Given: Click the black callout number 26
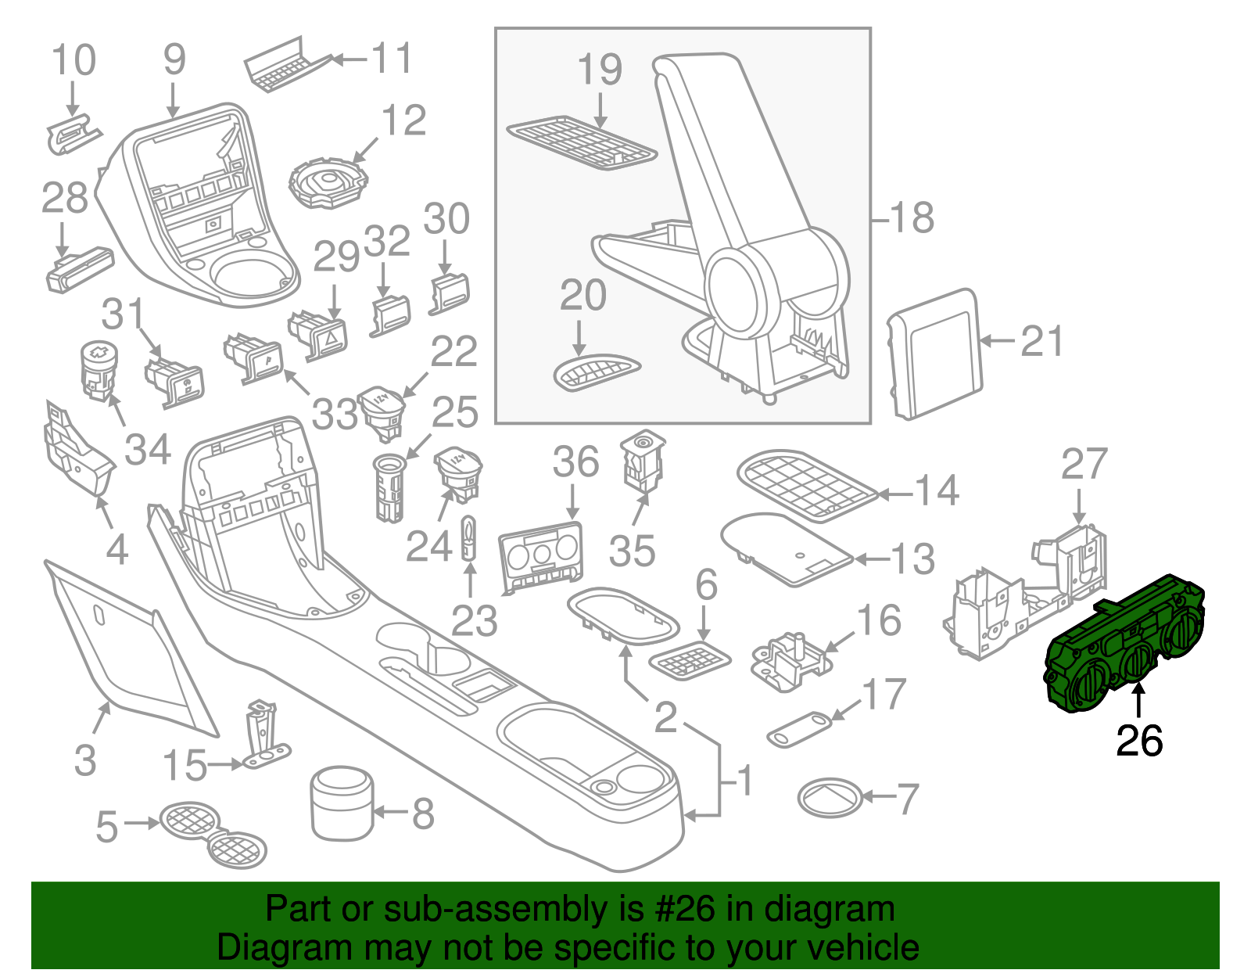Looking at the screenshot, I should tap(1139, 740).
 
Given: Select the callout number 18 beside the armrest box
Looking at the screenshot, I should tap(912, 217).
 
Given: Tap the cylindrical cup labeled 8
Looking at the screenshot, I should tap(342, 803).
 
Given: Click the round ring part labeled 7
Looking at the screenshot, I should tap(830, 798).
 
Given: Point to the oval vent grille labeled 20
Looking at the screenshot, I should tap(597, 372).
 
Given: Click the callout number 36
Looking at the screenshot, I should tap(575, 462).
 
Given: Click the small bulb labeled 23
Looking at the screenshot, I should tap(468, 537).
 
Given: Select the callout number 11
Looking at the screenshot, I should tap(391, 59).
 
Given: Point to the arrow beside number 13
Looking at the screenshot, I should tap(870, 559).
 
